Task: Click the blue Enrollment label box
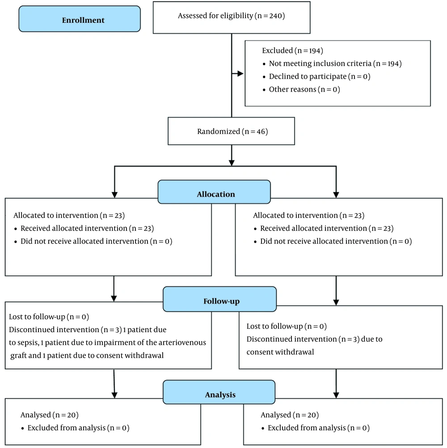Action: (80, 19)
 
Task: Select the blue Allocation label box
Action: (214, 192)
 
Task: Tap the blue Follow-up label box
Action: (219, 299)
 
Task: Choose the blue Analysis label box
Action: (219, 392)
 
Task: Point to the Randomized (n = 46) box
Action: (232, 131)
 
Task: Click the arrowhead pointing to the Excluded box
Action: (240, 74)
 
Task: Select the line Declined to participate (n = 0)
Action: (320, 76)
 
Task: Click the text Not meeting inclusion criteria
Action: (320, 63)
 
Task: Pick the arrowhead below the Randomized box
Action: (232, 163)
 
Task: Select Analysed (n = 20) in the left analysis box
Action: (50, 415)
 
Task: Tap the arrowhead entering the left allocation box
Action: (114, 195)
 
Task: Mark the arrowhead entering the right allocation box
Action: (336, 195)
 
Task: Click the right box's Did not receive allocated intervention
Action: (324, 241)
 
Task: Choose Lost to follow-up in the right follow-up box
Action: (274, 326)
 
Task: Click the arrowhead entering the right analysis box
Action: (336, 395)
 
